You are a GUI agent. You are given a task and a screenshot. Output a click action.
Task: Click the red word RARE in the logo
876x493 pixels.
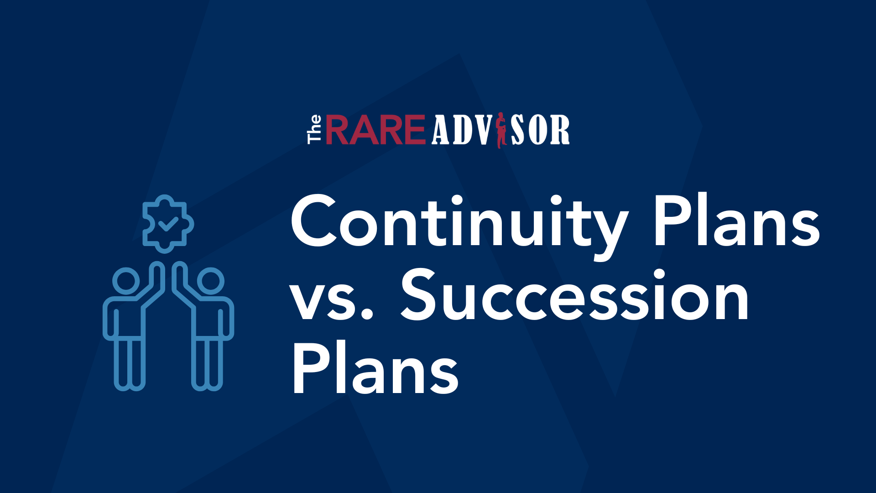375,130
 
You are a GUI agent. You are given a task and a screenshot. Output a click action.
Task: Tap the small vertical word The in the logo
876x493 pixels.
314,130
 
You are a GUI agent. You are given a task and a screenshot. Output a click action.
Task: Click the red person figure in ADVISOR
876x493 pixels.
501,130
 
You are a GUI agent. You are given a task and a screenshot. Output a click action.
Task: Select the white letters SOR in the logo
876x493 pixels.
540,130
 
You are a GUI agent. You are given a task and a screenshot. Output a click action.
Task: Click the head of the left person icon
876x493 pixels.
126,280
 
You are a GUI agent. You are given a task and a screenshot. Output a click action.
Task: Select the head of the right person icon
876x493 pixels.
210,280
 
